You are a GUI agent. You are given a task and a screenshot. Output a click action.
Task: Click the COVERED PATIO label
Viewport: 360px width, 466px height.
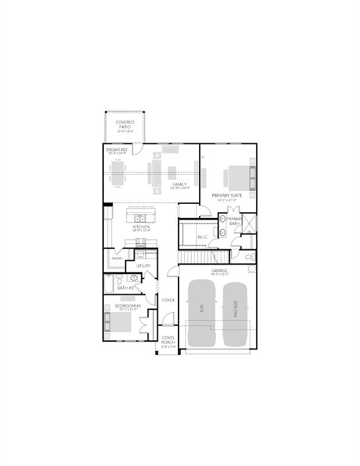coord(125,124)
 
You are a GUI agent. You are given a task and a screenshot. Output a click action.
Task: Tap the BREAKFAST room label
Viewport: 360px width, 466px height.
coord(116,149)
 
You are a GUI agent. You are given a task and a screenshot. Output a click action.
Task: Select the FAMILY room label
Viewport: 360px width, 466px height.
coord(179,184)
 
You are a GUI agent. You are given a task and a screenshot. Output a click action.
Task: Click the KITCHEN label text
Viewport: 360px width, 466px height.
coord(141,227)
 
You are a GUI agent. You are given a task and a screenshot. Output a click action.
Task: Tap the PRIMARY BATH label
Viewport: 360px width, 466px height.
coord(234,221)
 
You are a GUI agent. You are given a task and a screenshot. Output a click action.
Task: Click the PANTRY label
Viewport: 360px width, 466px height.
coord(117,259)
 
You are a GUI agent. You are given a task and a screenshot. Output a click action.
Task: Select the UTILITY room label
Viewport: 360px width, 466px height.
coord(143,266)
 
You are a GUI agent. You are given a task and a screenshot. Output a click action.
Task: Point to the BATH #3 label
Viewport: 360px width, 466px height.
coord(126,287)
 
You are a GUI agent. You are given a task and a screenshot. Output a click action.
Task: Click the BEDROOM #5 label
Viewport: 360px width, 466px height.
coord(127,306)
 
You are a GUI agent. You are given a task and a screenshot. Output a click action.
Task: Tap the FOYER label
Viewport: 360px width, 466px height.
coord(168,300)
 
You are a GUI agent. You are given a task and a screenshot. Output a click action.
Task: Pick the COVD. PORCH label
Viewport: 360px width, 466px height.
coord(168,340)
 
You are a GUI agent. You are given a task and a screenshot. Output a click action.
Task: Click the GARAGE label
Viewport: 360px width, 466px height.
coord(219,271)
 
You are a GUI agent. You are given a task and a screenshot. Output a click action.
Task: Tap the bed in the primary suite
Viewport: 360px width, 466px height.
coord(238,177)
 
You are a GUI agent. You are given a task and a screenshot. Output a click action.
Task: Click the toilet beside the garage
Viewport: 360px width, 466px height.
coord(248,258)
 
